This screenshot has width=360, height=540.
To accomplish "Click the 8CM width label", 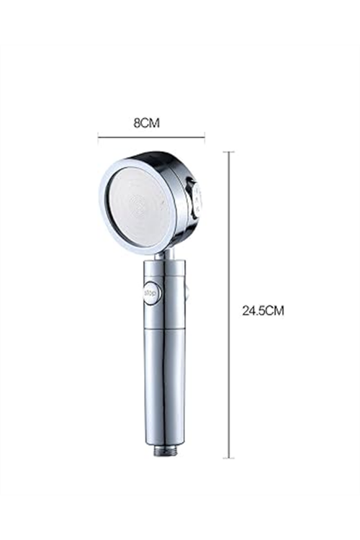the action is (147, 122).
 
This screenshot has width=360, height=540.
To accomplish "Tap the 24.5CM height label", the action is (264, 310).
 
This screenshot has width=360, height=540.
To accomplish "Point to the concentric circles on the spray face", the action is (138, 207).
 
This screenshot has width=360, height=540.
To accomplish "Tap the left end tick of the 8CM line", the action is (99, 137).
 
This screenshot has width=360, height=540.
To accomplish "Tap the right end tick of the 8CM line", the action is (204, 137).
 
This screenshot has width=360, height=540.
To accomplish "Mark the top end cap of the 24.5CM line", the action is (229, 151).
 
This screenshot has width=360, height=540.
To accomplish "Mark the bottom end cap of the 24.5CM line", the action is (229, 458).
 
